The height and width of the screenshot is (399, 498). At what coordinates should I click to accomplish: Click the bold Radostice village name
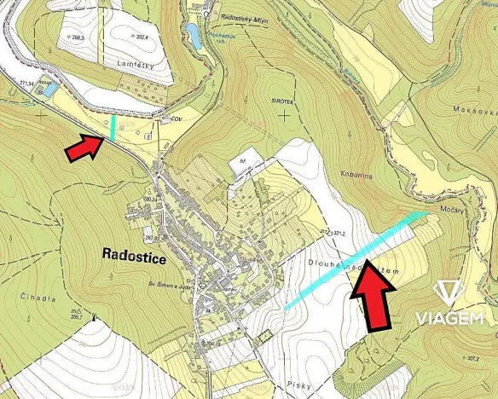pyautogui.click(x=140, y=253)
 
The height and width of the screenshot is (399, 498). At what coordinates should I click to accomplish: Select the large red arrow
pyautogui.click(x=373, y=294)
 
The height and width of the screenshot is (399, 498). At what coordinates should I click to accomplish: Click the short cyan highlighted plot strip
pyautogui.click(x=113, y=128)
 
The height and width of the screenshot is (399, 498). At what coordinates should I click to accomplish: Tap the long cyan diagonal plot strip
pyautogui.click(x=354, y=259)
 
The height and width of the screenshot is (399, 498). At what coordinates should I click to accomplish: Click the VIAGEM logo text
pyautogui.click(x=450, y=318)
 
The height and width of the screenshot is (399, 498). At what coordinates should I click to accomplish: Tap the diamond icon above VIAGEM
pyautogui.click(x=449, y=293)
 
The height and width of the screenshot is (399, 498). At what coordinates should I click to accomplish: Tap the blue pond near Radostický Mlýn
pyautogui.click(x=194, y=35)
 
